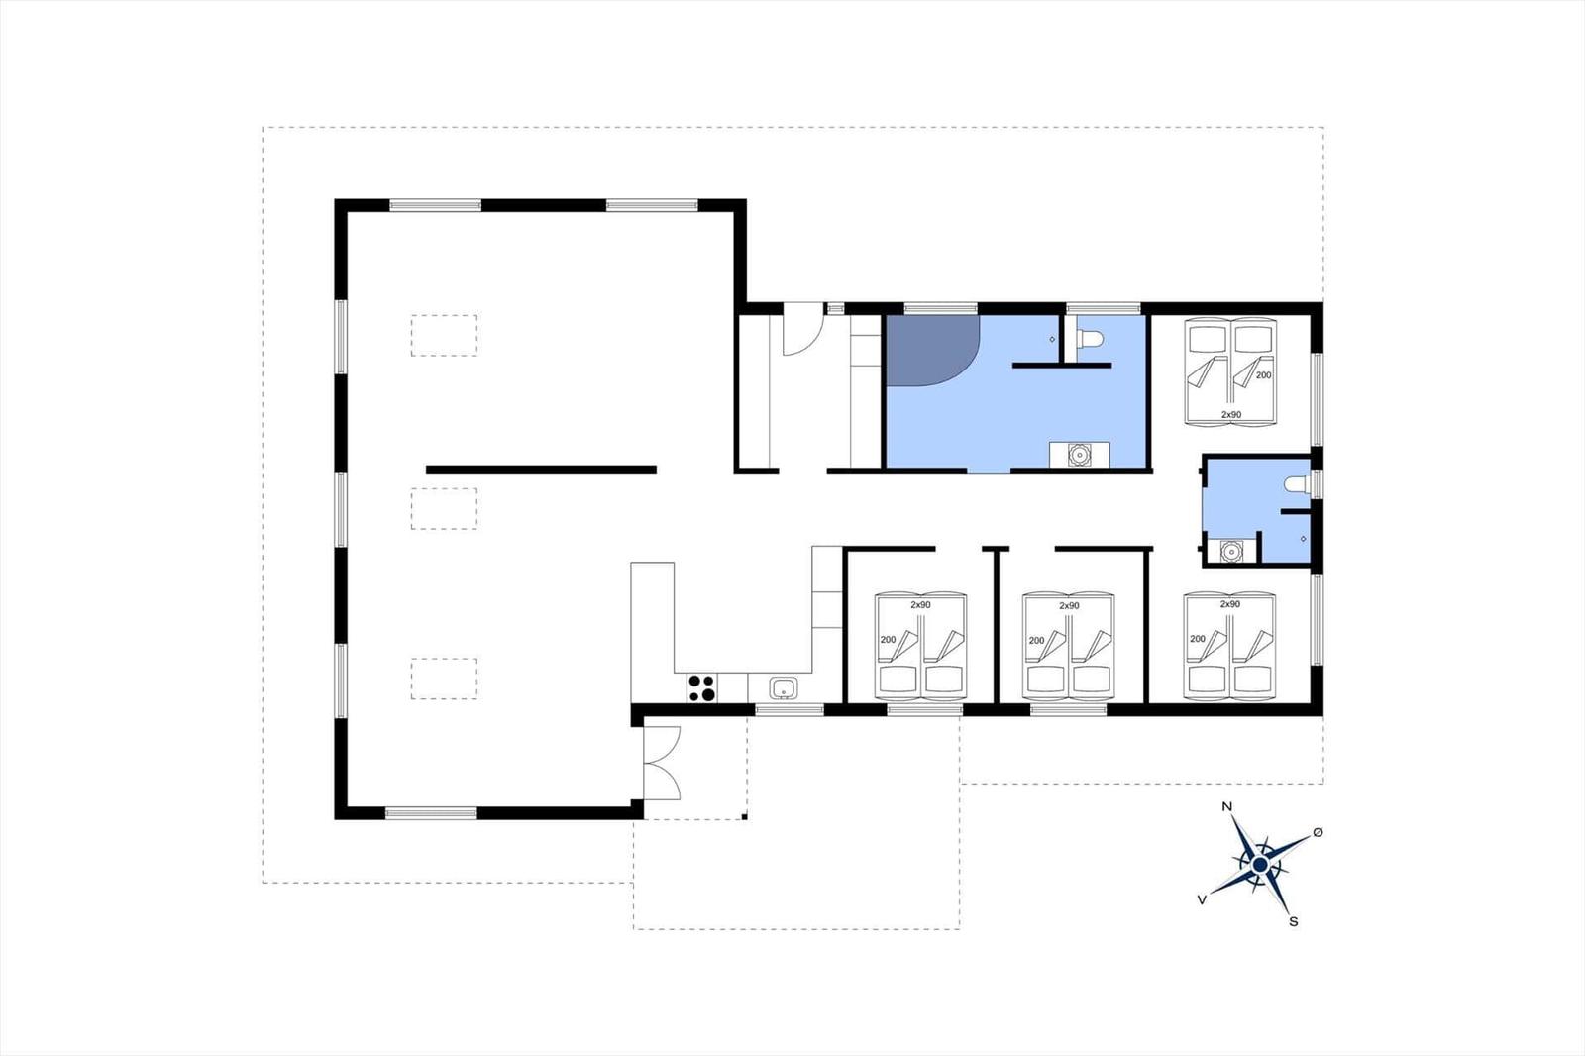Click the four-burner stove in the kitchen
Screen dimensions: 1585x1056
[701, 687]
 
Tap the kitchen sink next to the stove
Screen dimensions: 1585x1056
[784, 687]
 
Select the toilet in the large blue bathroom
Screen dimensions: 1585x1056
[1090, 340]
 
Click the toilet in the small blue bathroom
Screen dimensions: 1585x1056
[1297, 484]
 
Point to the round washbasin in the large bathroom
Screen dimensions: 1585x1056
[1079, 455]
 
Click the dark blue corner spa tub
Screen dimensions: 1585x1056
[932, 351]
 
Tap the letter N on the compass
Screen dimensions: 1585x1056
[1227, 807]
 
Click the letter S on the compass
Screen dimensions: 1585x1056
[1294, 922]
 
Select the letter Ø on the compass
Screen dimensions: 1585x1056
[1317, 833]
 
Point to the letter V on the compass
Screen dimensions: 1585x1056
[1201, 899]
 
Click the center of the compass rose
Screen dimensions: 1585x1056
[1259, 864]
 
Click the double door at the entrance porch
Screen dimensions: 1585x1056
[663, 763]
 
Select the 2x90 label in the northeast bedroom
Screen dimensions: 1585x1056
[1231, 415]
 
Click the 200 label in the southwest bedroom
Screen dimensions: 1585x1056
[888, 640]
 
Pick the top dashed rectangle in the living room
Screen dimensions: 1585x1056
[445, 336]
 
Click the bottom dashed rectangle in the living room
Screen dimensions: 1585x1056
[445, 679]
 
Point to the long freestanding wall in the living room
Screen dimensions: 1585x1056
[541, 470]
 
